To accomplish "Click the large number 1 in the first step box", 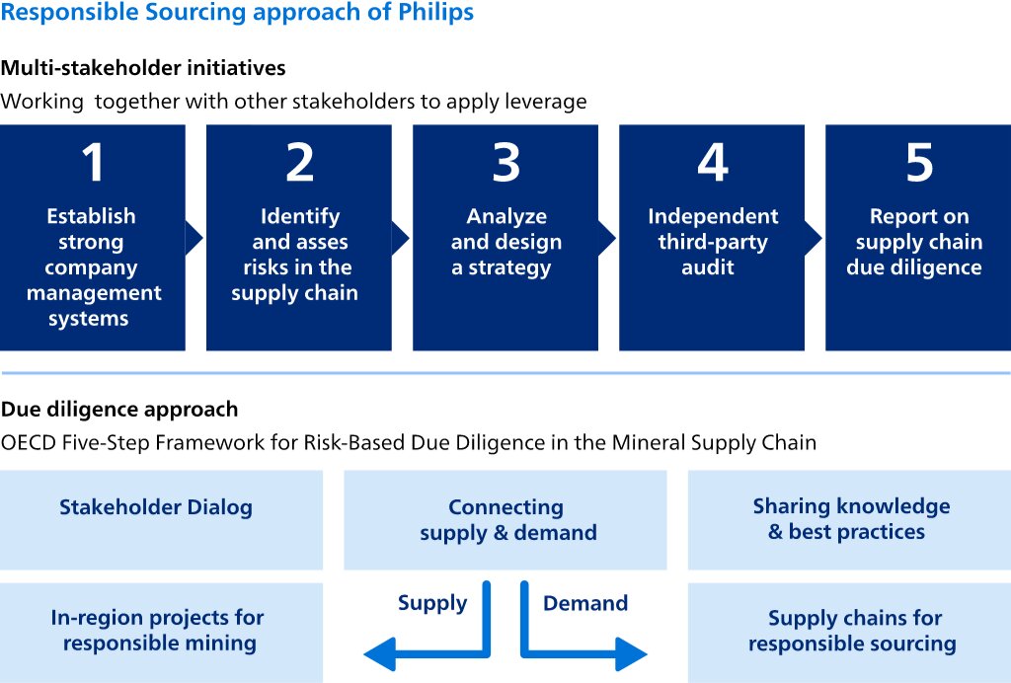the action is point(93,163).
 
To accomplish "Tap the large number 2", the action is point(300,163).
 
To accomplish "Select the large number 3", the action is point(506,163).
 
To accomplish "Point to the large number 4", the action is point(713,163).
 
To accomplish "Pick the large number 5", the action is point(919,163).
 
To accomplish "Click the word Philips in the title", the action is point(435,12).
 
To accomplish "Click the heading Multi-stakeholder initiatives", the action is point(143,68).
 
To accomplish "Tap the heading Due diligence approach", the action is point(119,410).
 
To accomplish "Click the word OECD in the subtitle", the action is point(29,442).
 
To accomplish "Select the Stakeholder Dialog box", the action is point(161,520).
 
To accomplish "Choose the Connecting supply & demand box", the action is point(505,520).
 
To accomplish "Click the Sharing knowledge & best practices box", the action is point(849,520).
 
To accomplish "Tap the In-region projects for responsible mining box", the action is point(161,633).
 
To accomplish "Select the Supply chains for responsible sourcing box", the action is point(849,633).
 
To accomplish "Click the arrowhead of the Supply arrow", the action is point(379,654).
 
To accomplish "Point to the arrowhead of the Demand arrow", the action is point(632,654).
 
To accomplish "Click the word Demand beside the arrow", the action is point(585,603).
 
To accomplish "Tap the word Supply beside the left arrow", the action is point(432,604).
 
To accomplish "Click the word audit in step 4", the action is point(708,266).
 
